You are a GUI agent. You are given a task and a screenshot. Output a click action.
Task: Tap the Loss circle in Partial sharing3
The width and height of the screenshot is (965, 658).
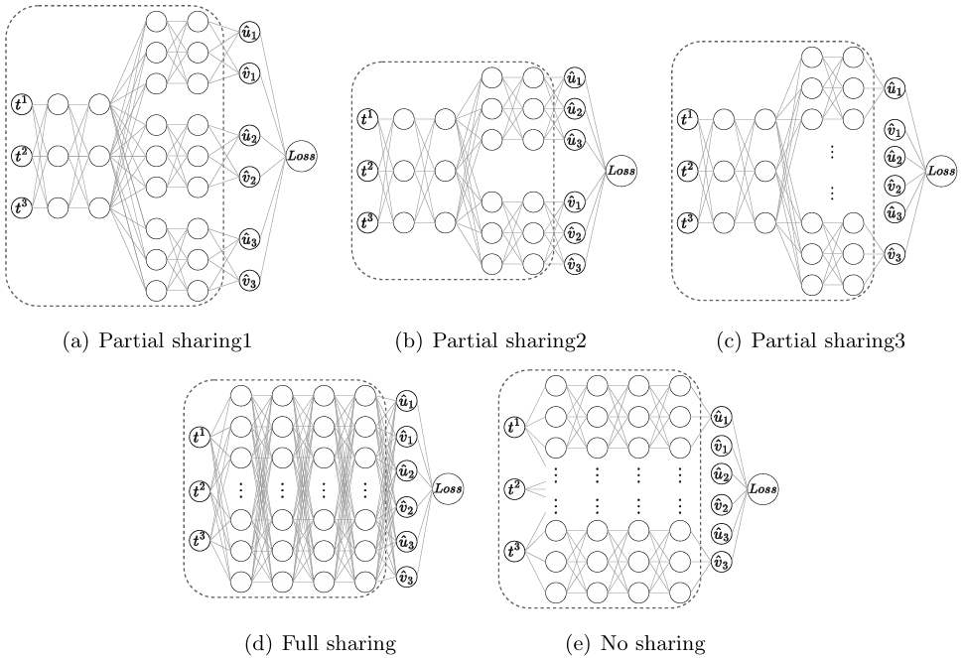[x=940, y=171]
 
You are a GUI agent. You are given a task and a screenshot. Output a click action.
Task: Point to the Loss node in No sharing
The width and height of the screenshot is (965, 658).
[x=762, y=489]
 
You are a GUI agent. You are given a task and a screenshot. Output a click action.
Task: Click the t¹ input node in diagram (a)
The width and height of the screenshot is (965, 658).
[x=22, y=104]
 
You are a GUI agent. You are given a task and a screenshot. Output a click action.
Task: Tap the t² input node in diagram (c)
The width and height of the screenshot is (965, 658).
[x=686, y=170]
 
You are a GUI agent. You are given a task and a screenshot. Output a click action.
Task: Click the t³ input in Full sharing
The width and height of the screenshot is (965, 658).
[x=199, y=540]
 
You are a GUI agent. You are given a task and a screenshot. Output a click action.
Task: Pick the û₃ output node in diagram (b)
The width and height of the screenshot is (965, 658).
[x=574, y=141]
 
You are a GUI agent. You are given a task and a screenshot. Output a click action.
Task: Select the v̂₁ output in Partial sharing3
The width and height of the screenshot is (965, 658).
[x=894, y=130]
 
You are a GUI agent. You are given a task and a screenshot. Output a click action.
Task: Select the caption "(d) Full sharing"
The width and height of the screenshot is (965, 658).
[x=320, y=644]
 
